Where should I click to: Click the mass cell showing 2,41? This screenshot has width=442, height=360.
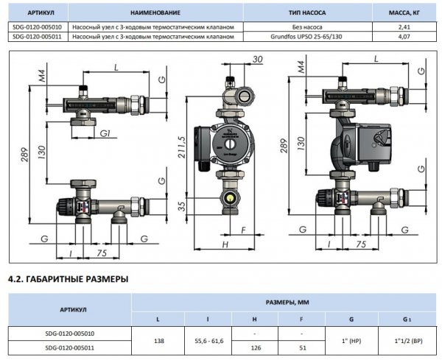[404, 27]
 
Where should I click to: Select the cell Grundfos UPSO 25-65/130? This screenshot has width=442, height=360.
[306, 37]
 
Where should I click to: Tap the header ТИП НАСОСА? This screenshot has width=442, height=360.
[307, 13]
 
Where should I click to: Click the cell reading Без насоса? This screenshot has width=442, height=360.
[307, 27]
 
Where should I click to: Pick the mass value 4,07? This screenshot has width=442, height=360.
[404, 37]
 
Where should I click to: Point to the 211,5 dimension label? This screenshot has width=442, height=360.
[183, 147]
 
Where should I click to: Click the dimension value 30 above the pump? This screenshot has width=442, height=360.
[258, 59]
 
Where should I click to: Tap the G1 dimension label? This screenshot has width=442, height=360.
[105, 133]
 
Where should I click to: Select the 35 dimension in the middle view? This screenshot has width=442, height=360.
[183, 206]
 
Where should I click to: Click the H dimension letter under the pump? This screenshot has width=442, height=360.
[225, 244]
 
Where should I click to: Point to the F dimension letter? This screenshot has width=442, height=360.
[244, 230]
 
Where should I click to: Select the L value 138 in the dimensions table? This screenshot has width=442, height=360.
[159, 341]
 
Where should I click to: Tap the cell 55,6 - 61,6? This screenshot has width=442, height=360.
[209, 341]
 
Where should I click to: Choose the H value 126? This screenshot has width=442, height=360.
[256, 348]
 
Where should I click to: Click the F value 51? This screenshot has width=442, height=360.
[303, 348]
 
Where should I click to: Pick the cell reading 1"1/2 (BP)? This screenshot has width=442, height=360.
[408, 341]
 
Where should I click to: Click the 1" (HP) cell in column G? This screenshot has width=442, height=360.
[351, 341]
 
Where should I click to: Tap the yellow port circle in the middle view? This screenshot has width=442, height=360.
[231, 199]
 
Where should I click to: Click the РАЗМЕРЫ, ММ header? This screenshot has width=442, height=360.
[287, 303]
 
